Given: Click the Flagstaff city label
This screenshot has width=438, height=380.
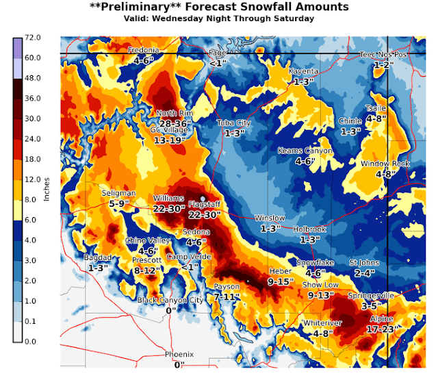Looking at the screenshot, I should [x=203, y=204].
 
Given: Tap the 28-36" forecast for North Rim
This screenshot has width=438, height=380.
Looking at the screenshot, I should [x=175, y=123].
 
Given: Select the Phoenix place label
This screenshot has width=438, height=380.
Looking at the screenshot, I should [x=179, y=354].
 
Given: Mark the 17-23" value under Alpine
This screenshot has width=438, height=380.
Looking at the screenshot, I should [x=383, y=329].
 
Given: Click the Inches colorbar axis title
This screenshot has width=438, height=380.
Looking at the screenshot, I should [x=47, y=189].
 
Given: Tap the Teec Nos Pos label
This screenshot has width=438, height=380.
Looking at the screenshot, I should [x=383, y=54].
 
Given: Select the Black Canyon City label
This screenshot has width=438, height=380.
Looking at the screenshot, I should [x=170, y=300].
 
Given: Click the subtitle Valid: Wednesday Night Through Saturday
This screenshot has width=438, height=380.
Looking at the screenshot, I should [x=219, y=18].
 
